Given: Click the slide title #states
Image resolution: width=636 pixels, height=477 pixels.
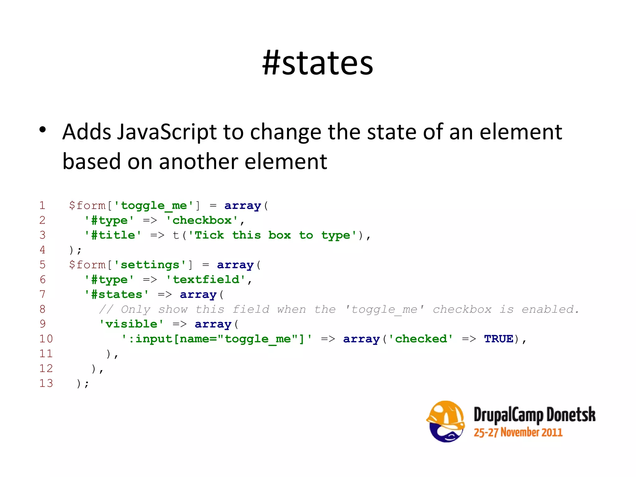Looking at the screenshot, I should point(317,63).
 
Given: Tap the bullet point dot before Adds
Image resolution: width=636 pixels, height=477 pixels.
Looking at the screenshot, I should point(43,130).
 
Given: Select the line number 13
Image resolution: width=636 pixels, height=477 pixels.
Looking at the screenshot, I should point(46,383).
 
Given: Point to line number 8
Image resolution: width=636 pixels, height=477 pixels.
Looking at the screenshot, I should point(43,309).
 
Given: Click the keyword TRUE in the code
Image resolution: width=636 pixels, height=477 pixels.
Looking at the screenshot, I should point(498,339).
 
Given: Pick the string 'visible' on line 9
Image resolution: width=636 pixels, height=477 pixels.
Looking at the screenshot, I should point(131,324).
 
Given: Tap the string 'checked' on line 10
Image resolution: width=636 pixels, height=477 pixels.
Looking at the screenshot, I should point(420,339).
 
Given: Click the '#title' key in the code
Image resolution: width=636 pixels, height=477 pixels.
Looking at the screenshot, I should point(113,235).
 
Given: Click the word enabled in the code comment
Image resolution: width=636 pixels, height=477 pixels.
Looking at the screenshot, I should point(550,309).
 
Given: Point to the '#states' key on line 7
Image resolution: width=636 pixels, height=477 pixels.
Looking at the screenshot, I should point(116,294).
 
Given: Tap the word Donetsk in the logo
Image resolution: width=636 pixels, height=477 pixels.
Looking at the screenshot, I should point(571,415).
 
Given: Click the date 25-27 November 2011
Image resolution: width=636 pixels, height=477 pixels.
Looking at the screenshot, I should point(518,432).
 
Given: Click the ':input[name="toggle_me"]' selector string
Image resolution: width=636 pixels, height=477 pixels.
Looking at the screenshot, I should point(216,339).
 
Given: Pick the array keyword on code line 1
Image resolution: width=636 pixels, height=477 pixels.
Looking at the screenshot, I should point(243,206).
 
